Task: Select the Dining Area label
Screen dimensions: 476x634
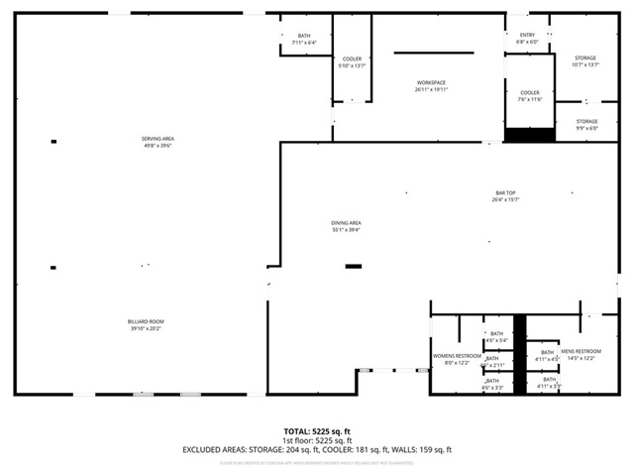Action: click(346, 223)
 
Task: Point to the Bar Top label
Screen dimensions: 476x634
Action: click(506, 193)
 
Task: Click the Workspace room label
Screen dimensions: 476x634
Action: click(431, 82)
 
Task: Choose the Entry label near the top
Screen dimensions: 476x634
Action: click(527, 35)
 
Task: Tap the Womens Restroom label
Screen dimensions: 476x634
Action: click(457, 355)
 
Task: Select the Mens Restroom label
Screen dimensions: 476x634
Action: click(581, 351)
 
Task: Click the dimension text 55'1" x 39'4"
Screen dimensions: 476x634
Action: click(346, 230)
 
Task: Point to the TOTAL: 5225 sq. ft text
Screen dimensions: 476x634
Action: click(317, 431)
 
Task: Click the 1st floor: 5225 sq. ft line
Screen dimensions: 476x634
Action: click(317, 440)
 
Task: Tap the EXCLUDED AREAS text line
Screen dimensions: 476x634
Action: click(317, 450)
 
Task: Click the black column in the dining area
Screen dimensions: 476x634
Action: click(354, 266)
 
